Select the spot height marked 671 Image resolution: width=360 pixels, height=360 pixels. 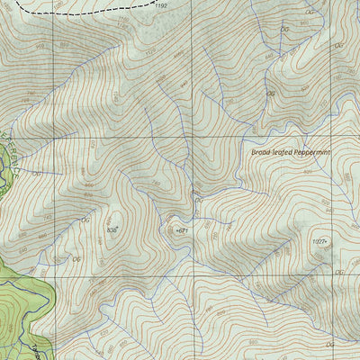click(183, 231)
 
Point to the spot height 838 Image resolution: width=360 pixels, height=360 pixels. click(112, 230)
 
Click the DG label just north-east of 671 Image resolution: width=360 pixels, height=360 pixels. click(199, 202)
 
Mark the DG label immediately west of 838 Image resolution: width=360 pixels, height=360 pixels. click(86, 220)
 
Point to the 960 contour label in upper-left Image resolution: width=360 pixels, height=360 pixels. click(63, 45)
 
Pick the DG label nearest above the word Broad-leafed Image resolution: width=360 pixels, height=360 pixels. click(269, 93)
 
